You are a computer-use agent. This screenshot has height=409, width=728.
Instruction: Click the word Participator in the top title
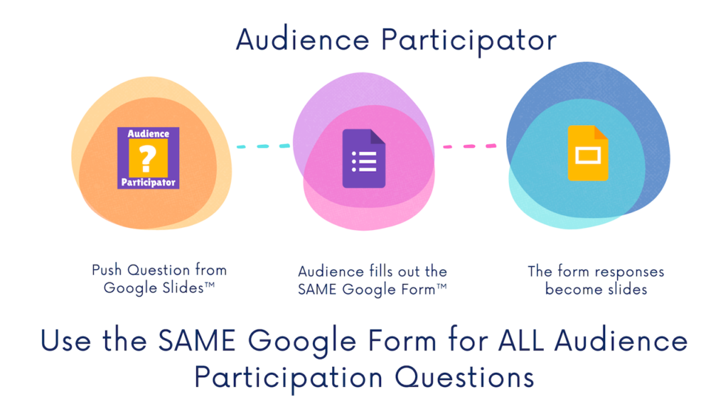click(x=469, y=40)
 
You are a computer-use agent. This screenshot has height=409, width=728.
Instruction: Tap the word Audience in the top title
click(x=302, y=40)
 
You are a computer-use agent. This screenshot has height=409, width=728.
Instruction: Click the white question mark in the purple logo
click(x=147, y=158)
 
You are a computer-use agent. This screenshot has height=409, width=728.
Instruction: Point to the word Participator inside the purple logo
click(x=148, y=182)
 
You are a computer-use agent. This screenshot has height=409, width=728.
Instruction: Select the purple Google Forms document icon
click(x=364, y=158)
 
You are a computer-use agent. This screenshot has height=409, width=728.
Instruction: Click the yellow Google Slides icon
click(x=588, y=153)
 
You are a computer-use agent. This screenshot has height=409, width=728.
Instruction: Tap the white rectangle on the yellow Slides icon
click(x=588, y=156)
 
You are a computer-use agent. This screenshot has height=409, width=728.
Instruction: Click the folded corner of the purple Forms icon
click(x=378, y=136)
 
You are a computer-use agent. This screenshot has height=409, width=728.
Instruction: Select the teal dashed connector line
click(x=263, y=146)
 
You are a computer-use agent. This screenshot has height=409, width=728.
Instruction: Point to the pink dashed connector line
click(x=469, y=146)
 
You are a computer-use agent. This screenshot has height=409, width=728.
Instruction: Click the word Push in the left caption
click(x=107, y=270)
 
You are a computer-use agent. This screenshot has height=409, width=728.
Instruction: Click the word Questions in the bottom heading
click(x=465, y=378)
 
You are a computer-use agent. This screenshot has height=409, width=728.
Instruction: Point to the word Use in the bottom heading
click(x=65, y=341)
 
